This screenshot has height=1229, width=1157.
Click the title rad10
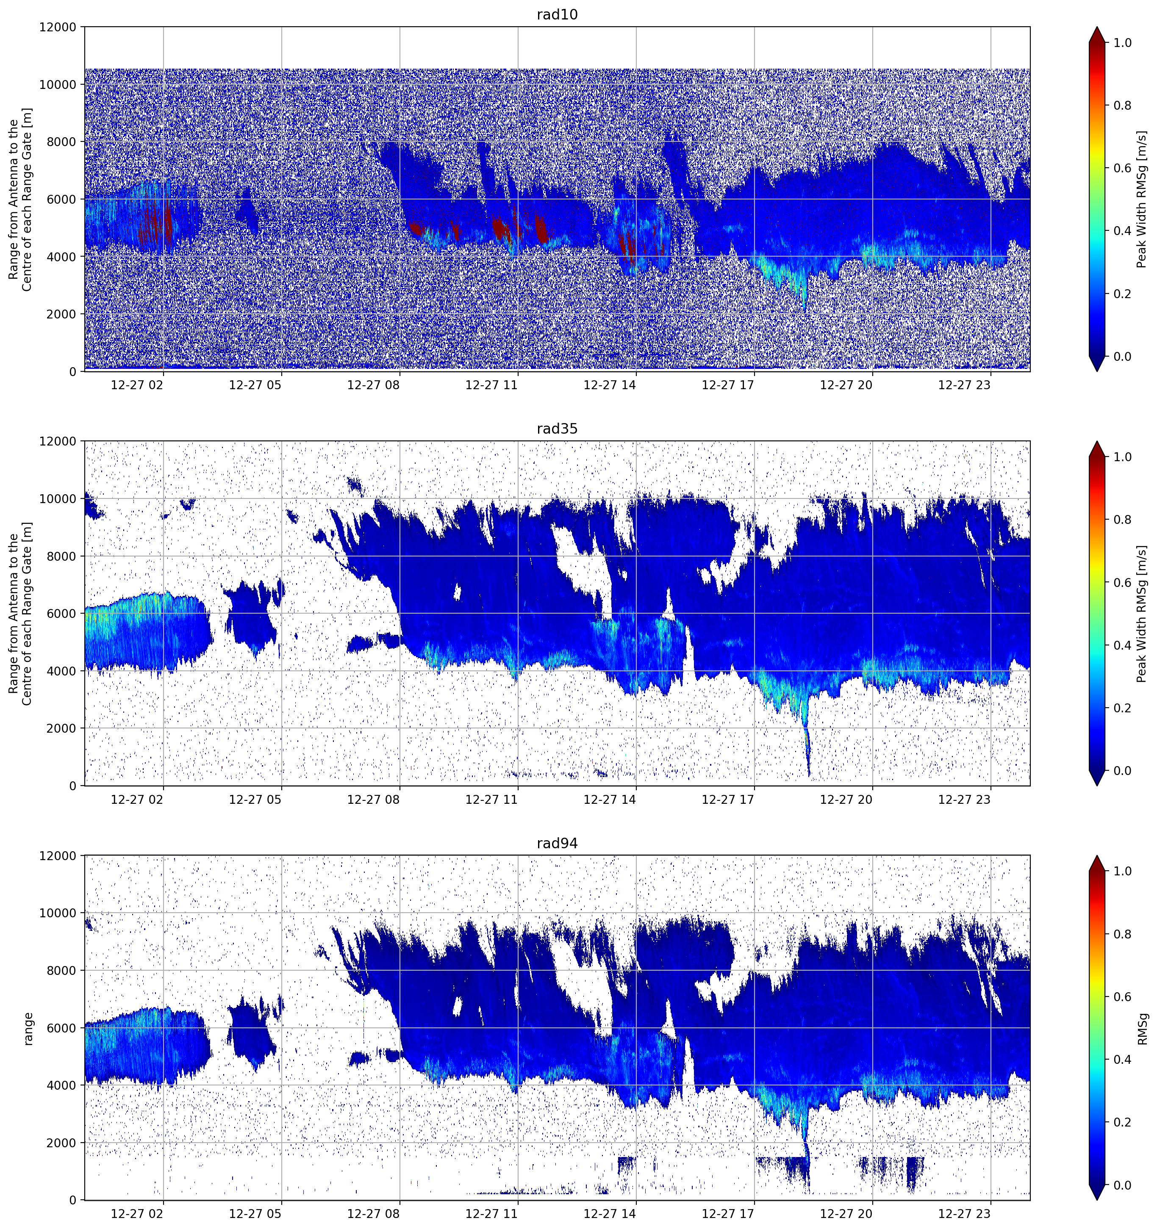tap(557, 15)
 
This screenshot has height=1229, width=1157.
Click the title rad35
tap(557, 429)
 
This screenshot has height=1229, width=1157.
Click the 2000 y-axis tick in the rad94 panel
tap(62, 1143)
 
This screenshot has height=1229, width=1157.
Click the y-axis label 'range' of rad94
tap(28, 1028)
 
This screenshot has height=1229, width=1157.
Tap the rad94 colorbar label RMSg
tap(1142, 1028)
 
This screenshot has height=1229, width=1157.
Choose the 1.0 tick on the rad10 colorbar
tap(1122, 43)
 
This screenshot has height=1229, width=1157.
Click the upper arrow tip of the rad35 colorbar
tap(1096, 441)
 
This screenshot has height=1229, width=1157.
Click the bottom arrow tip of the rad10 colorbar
tap(1096, 371)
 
